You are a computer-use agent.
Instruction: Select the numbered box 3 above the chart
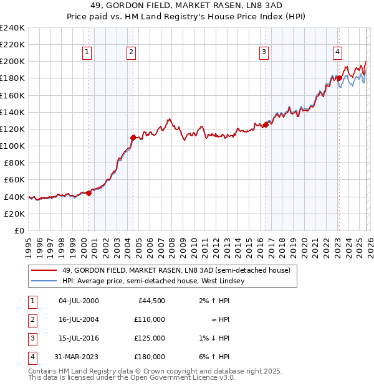pyautogui.click(x=264, y=52)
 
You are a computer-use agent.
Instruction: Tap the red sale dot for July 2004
pyautogui.click(x=133, y=137)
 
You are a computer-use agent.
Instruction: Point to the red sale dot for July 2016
pyautogui.click(x=266, y=125)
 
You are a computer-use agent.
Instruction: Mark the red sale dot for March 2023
pyautogui.click(x=339, y=78)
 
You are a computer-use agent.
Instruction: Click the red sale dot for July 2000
pyautogui.click(x=89, y=193)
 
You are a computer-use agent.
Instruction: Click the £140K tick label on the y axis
pyautogui.click(x=12, y=112)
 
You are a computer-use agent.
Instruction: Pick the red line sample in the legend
pyautogui.click(x=44, y=271)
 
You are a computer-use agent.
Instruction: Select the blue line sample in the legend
pyautogui.click(x=44, y=281)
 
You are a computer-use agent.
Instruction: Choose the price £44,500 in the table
pyautogui.click(x=150, y=300)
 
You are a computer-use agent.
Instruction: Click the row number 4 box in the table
pyautogui.click(x=32, y=357)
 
